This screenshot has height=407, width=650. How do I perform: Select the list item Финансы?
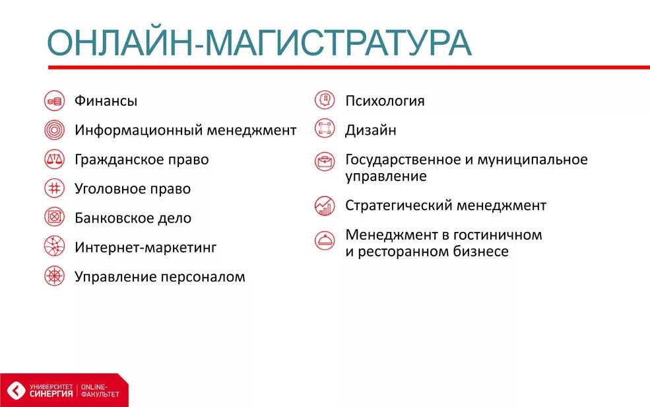tap(106, 101)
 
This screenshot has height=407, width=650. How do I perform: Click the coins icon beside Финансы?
tap(54, 101)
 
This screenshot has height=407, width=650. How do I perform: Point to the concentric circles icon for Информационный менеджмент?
tap(54, 130)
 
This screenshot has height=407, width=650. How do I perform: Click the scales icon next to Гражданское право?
tap(54, 159)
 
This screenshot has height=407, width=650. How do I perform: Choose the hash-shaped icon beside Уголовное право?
tap(54, 188)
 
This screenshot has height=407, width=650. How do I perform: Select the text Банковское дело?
tap(133, 218)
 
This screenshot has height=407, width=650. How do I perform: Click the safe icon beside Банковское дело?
tap(54, 217)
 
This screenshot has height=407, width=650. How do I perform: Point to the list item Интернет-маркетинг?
tap(145, 248)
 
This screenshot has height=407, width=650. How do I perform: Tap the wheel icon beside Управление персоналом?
tap(54, 276)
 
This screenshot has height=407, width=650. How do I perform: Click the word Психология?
tap(385, 101)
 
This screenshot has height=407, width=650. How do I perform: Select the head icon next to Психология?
tap(325, 100)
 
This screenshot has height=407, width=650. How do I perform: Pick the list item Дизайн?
tap(370, 130)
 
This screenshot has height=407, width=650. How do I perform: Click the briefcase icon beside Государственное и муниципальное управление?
tap(325, 161)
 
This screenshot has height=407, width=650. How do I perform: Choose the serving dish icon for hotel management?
tap(325, 240)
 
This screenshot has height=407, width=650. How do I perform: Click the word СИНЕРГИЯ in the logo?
tap(53, 394)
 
